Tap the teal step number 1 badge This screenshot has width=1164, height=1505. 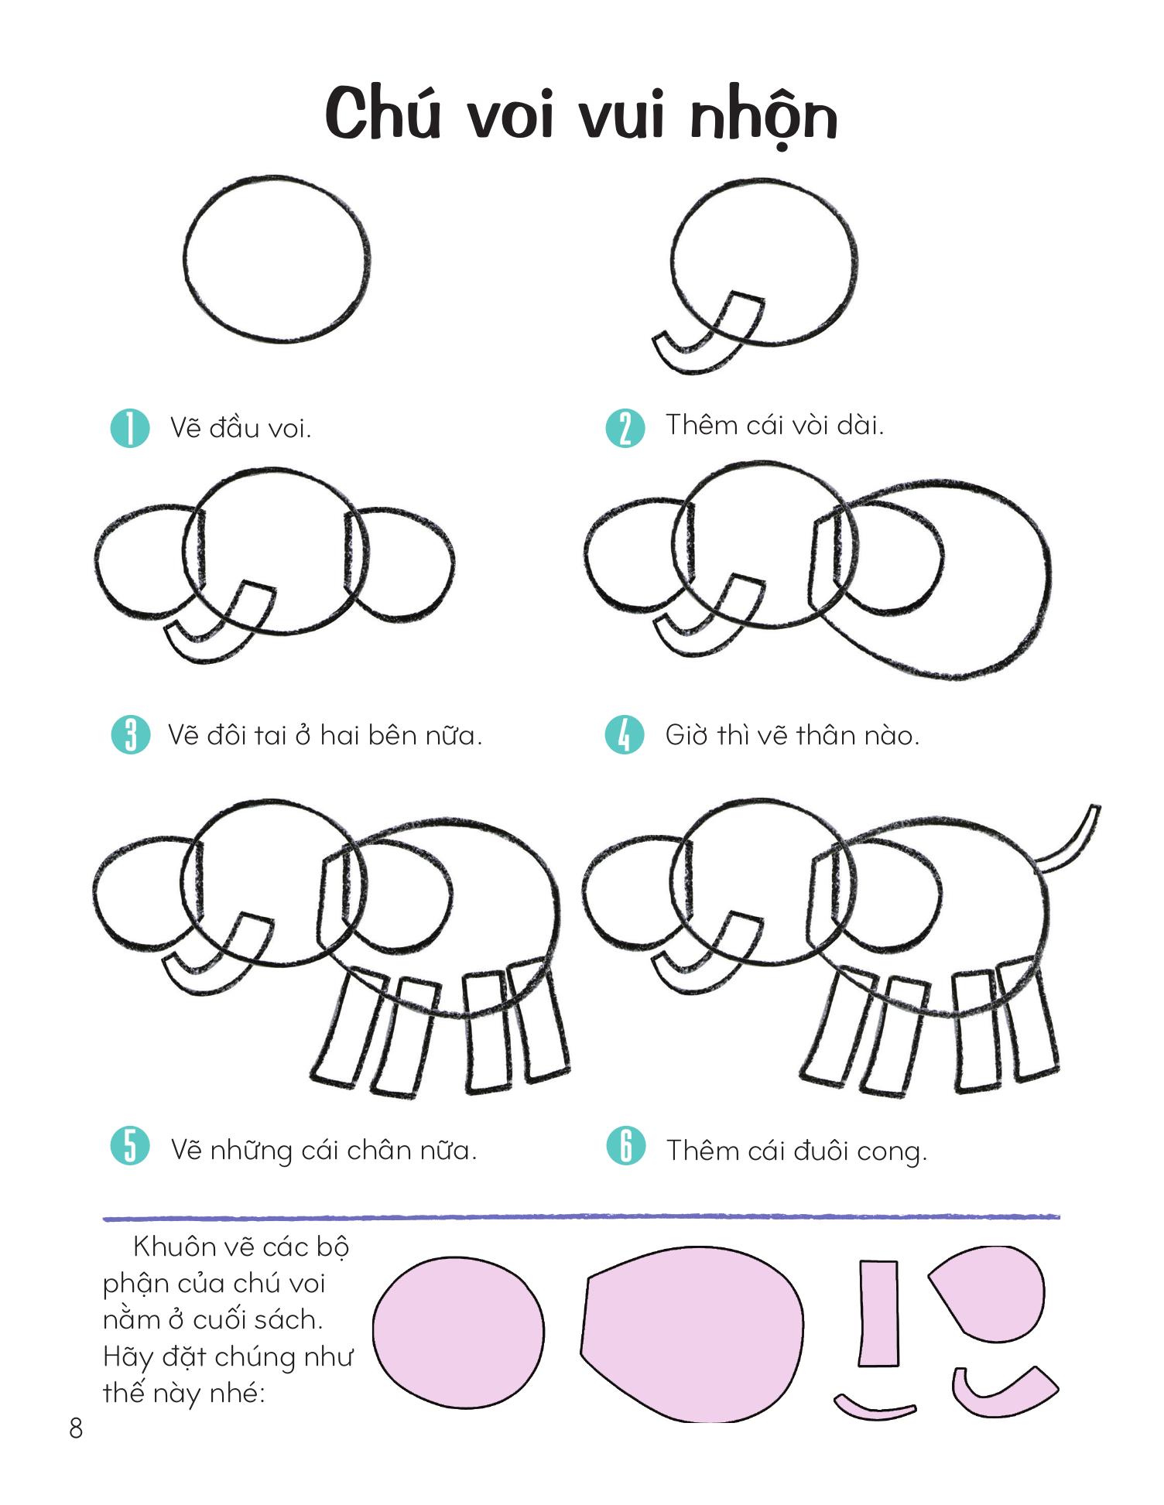pyautogui.click(x=130, y=428)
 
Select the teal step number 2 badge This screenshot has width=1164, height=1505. pyautogui.click(x=625, y=428)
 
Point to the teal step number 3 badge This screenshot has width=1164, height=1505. pyautogui.click(x=130, y=735)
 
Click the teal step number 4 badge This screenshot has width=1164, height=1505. pyautogui.click(x=625, y=735)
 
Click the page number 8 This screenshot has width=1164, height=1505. pyautogui.click(x=75, y=1428)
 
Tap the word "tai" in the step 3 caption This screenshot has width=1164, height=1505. pyautogui.click(x=270, y=735)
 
